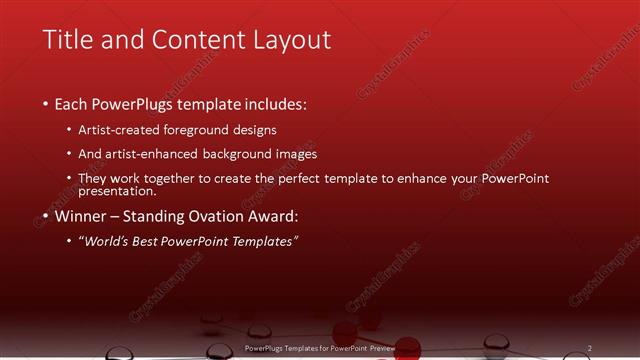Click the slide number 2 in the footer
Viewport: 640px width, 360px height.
(x=589, y=347)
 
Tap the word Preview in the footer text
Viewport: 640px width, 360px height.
(x=379, y=347)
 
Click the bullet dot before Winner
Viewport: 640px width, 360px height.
(x=46, y=217)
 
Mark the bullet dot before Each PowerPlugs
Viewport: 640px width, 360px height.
(x=46, y=104)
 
